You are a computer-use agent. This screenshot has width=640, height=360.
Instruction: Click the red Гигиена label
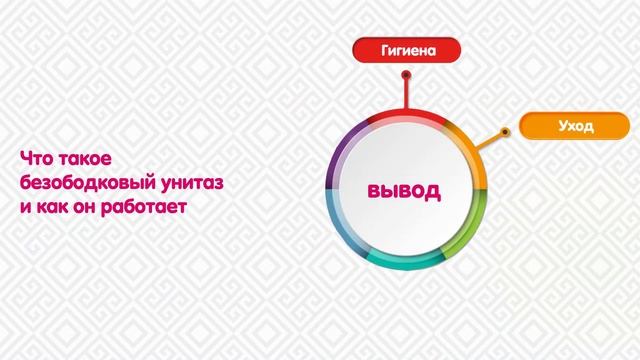tap(406, 49)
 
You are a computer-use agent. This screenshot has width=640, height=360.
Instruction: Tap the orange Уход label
tap(575, 127)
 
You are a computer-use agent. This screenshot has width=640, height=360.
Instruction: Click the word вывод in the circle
tap(404, 190)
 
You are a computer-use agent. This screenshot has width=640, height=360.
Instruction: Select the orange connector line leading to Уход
tap(495, 138)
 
